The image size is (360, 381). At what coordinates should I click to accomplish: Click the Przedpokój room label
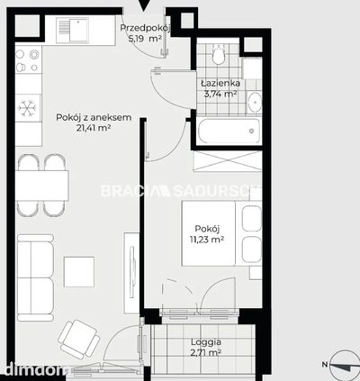(146, 28)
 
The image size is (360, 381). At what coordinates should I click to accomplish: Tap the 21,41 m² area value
(94, 128)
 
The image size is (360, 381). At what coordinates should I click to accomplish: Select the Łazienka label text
(220, 83)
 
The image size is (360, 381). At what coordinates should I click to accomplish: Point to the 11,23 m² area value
(207, 240)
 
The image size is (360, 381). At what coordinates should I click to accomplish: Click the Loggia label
(206, 342)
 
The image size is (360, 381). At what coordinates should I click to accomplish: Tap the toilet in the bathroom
(218, 54)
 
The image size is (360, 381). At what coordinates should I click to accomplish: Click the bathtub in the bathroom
(229, 132)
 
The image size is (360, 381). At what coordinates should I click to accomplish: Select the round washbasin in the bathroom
(255, 102)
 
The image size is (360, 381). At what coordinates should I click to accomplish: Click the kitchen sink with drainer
(72, 30)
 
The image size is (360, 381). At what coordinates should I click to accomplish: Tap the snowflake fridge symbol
(27, 108)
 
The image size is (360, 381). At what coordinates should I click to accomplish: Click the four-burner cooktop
(28, 60)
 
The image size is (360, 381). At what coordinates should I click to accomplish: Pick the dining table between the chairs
(42, 186)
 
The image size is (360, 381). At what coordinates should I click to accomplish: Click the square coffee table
(79, 272)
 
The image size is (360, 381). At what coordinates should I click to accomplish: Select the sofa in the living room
(35, 277)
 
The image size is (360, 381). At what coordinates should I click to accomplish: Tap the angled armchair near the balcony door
(79, 340)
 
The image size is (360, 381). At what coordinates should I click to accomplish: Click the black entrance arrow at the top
(144, 5)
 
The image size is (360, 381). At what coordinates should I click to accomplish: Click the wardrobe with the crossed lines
(228, 161)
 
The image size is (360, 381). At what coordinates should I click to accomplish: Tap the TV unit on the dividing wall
(131, 273)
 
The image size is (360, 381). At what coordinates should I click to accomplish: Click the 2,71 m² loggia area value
(206, 352)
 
